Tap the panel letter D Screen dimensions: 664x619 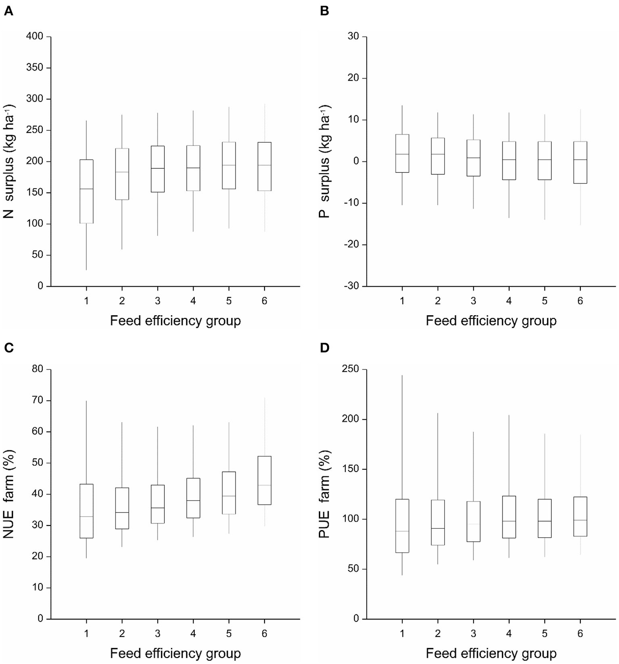(x=324, y=348)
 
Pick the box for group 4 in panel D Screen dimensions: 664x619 (x=509, y=517)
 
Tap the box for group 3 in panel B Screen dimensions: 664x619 (x=473, y=158)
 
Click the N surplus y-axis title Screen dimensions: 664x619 (x=9, y=161)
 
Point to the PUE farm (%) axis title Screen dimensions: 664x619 (x=325, y=494)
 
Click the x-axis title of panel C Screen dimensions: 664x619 (x=175, y=653)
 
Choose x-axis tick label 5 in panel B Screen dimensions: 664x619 (x=544, y=301)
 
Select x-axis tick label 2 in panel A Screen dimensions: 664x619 (x=122, y=301)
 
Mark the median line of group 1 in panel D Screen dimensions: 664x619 (x=402, y=531)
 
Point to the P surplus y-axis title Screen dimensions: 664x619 (x=325, y=161)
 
